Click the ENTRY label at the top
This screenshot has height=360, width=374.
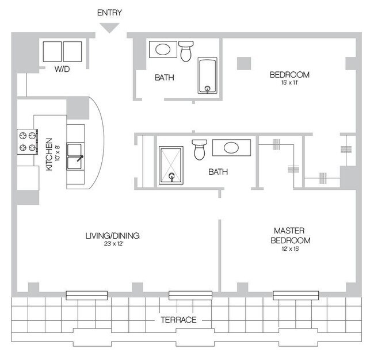pyautogui.click(x=109, y=13)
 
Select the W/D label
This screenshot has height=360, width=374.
pyautogui.click(x=62, y=69)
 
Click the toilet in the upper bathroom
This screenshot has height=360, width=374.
pyautogui.click(x=186, y=51)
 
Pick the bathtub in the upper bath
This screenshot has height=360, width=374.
pyautogui.click(x=208, y=75)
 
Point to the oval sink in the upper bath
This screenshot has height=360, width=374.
pyautogui.click(x=163, y=49)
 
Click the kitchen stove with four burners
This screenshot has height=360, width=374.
pyautogui.click(x=28, y=141)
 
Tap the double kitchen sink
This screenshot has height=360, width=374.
pyautogui.click(x=75, y=156)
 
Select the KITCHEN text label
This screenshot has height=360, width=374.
pyautogui.click(x=49, y=154)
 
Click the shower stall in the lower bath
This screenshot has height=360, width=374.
pyautogui.click(x=171, y=165)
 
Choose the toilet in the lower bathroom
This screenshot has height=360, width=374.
pyautogui.click(x=200, y=150)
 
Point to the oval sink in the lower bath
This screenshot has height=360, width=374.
pyautogui.click(x=231, y=148)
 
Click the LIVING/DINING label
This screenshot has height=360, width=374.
pyautogui.click(x=113, y=236)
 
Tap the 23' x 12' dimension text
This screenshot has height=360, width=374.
pyautogui.click(x=113, y=244)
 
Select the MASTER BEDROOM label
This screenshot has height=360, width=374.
pyautogui.click(x=290, y=236)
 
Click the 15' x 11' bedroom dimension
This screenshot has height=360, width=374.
pyautogui.click(x=290, y=83)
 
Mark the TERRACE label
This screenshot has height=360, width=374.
pyautogui.click(x=178, y=320)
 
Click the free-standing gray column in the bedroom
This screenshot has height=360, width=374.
pyautogui.click(x=244, y=63)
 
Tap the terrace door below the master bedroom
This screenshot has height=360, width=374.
pyautogui.click(x=296, y=296)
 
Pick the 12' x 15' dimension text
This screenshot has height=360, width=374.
pyautogui.click(x=290, y=249)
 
